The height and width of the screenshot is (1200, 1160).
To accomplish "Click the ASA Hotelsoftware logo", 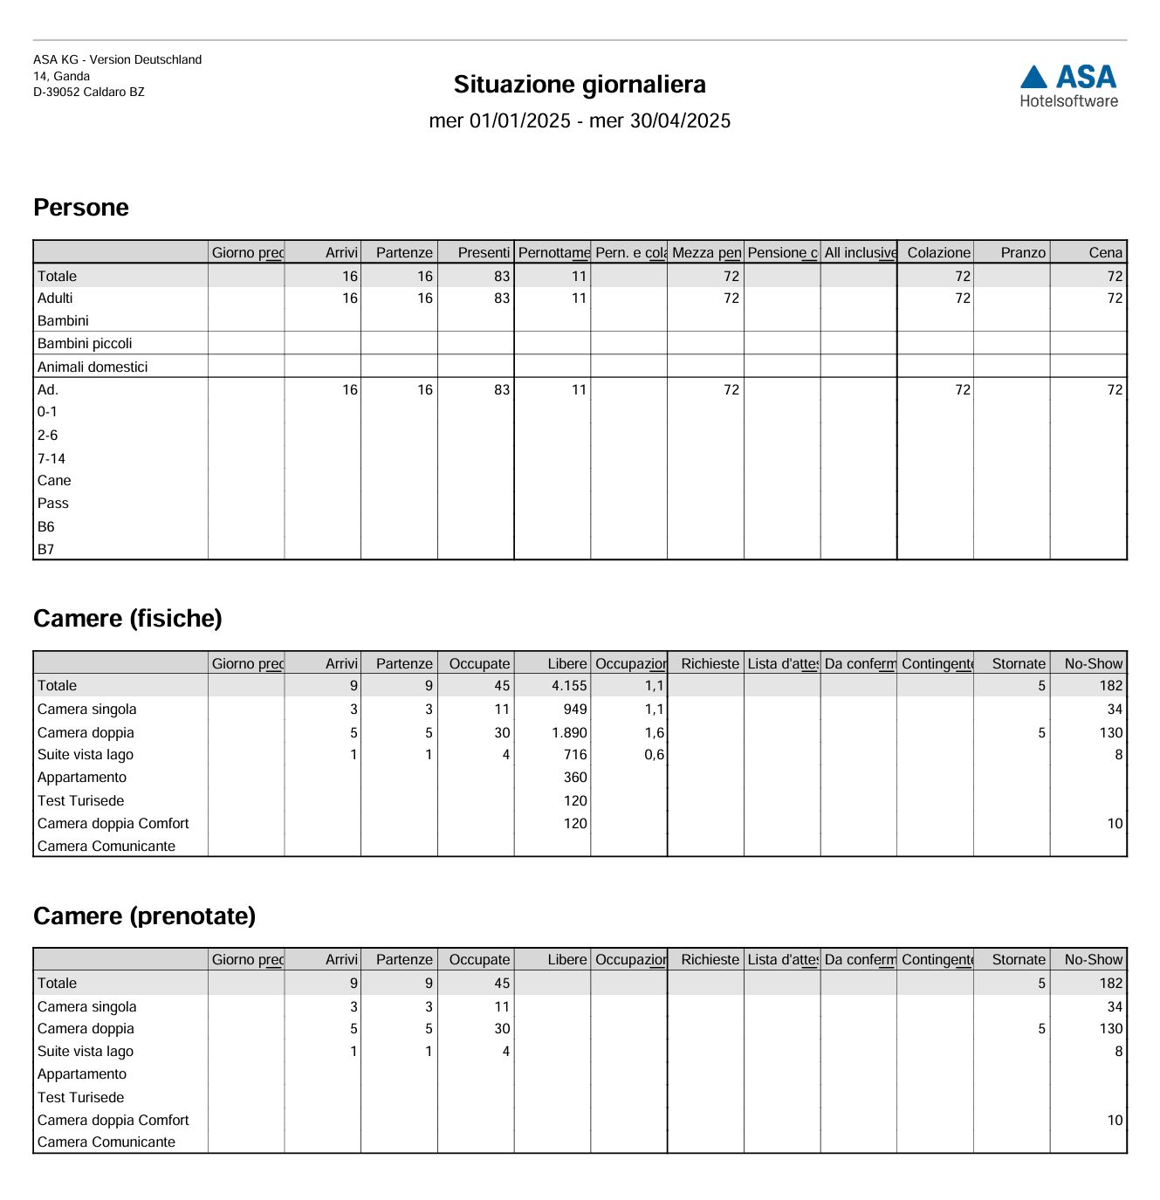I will click(x=1068, y=86).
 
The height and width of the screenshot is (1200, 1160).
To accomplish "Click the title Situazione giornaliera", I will click(x=580, y=85).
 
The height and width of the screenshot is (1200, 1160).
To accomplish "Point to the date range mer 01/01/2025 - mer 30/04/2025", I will click(x=580, y=121).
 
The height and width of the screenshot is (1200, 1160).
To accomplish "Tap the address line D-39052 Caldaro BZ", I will click(x=89, y=93).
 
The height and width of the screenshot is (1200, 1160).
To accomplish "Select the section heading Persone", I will click(x=81, y=208).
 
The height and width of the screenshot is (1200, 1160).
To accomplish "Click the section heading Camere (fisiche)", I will click(x=127, y=619).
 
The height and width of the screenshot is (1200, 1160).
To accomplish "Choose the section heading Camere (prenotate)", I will click(x=144, y=916).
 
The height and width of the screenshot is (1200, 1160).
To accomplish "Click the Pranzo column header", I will click(x=1023, y=253).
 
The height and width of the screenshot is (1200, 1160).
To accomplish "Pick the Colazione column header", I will click(x=938, y=253).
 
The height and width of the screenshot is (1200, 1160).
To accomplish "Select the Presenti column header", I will click(x=484, y=253).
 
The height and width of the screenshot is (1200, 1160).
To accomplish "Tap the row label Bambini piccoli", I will click(x=85, y=344).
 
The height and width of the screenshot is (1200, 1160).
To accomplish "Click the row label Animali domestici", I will click(x=93, y=367).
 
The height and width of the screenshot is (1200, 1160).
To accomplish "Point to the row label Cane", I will click(x=54, y=481).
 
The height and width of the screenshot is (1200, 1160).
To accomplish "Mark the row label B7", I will click(x=46, y=550).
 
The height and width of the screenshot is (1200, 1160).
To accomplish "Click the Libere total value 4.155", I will click(x=569, y=686).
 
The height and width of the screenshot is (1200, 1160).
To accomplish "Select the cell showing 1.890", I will click(x=569, y=733).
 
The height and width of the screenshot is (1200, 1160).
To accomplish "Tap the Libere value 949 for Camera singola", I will click(x=575, y=710).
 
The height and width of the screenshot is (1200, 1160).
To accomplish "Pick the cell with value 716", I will click(x=575, y=755).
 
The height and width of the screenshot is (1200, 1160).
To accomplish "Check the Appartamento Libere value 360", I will click(x=575, y=778).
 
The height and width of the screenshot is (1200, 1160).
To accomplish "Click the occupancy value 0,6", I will click(x=654, y=755).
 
